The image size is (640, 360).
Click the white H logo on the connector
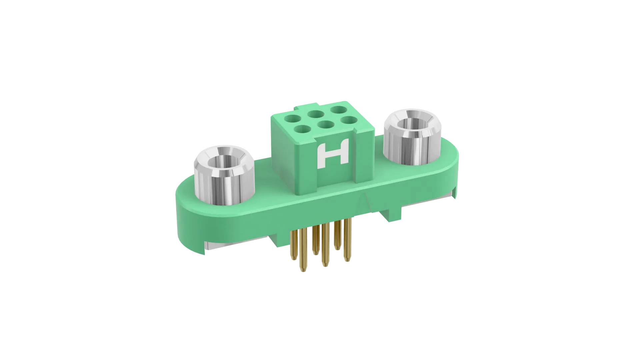(333, 153)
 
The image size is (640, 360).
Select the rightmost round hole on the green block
(349, 120)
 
